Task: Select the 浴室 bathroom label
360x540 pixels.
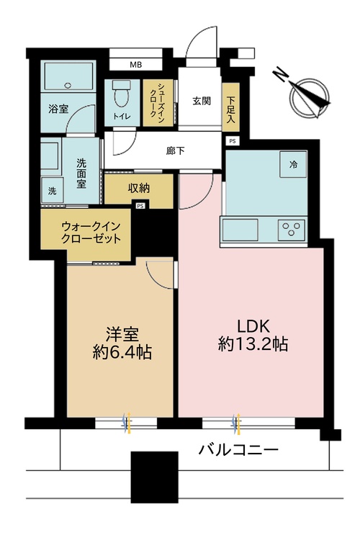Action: pos(59,110)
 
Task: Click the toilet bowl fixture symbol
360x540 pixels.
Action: pos(122,94)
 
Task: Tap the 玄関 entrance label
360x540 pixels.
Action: pos(201,101)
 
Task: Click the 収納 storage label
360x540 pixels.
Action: pos(139,189)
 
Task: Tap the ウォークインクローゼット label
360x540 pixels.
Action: pos(86,232)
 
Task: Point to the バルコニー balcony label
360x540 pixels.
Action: pos(238,451)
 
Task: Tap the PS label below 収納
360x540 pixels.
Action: pos(139,206)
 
